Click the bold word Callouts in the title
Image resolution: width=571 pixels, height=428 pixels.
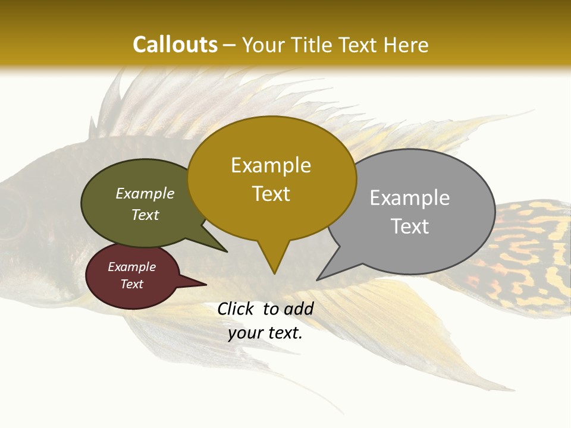175,45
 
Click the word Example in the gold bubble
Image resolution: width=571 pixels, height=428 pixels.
271,165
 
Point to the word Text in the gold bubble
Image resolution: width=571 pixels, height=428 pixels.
271,194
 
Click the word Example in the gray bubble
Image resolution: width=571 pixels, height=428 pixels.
410,197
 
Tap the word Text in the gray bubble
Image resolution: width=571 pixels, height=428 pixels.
410,226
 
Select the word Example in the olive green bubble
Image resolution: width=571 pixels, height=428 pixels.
145,193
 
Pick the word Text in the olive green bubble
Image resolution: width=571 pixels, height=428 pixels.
145,215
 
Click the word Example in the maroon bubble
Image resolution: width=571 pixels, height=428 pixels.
131,267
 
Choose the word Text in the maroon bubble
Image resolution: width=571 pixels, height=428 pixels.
131,284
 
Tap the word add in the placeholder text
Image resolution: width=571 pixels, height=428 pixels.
299,309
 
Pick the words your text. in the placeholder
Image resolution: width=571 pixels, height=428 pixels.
265,333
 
